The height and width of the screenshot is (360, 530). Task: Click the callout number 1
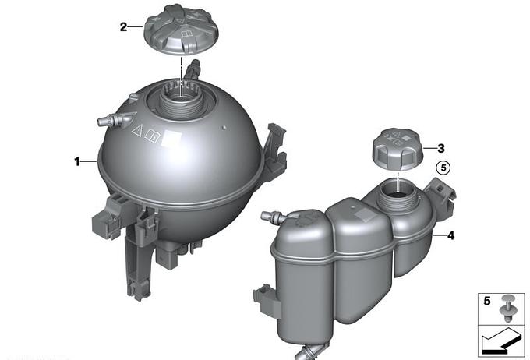click(x=77, y=162)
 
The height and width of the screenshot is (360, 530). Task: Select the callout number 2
click(x=124, y=26)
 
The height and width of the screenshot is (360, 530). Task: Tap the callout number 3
click(x=441, y=148)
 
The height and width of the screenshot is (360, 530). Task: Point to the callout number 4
click(x=450, y=235)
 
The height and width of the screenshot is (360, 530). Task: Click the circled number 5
click(x=443, y=168)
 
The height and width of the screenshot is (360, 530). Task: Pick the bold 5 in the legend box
click(x=486, y=301)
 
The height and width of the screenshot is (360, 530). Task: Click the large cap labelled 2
click(x=182, y=30)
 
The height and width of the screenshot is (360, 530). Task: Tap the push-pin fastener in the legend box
click(x=507, y=309)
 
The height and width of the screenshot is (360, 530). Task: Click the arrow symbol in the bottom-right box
click(x=500, y=342)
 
